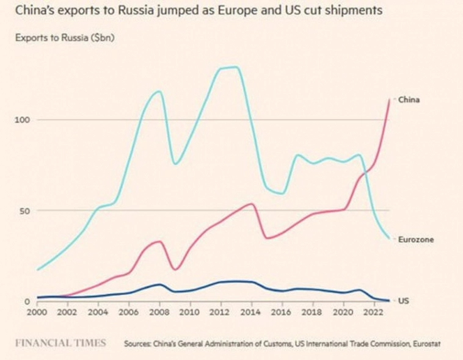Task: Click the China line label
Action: pyautogui.click(x=409, y=99)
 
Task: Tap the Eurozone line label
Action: pyautogui.click(x=416, y=240)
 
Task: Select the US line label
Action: pyautogui.click(x=403, y=301)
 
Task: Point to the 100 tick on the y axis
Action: pyautogui.click(x=23, y=120)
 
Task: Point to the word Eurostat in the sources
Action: pyautogui.click(x=425, y=344)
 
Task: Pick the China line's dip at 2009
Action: pyautogui.click(x=175, y=269)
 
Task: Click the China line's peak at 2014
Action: pyautogui.click(x=252, y=204)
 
